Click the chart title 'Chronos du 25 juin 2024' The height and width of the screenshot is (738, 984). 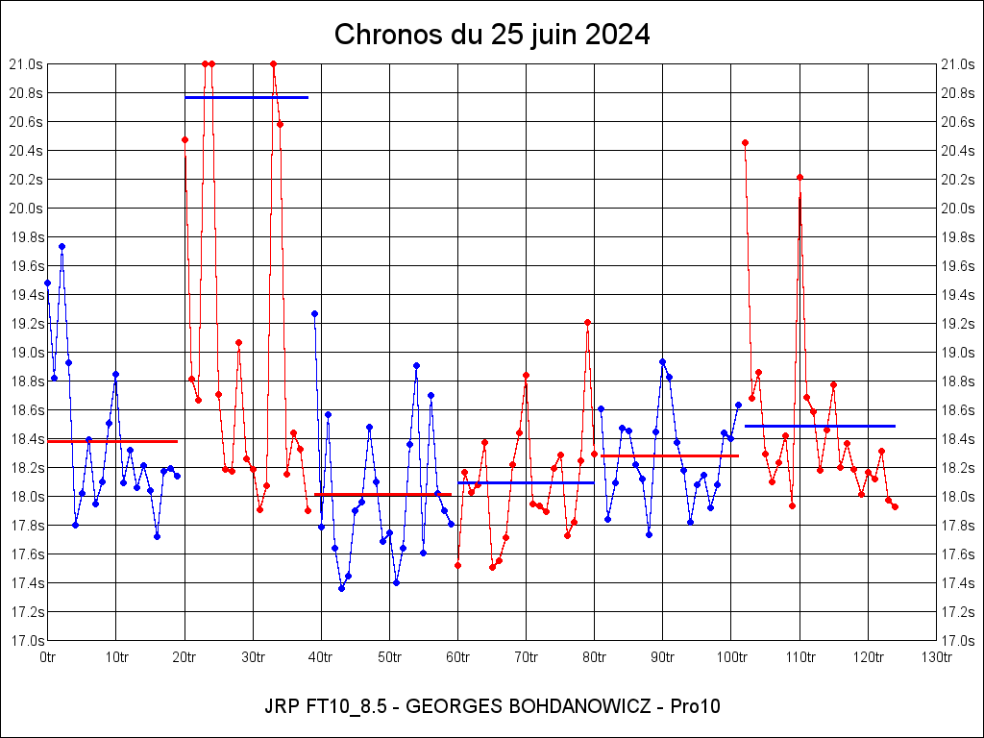coord(492,36)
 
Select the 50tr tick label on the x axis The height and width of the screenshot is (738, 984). coord(389,657)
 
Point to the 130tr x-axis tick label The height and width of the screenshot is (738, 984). coord(936,657)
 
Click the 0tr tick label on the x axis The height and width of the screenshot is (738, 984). coord(48,657)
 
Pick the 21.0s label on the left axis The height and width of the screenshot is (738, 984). coord(26,64)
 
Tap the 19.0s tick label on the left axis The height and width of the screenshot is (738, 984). coord(26,353)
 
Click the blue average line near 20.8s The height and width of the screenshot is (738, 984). coord(246,97)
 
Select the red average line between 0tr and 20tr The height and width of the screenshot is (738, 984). coord(112,441)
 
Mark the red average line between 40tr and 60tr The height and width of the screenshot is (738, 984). coord(382,494)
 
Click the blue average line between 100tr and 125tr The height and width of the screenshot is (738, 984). coord(820,426)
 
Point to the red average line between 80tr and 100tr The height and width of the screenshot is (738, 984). coord(670,455)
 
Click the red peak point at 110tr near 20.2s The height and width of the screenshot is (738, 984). coord(799,177)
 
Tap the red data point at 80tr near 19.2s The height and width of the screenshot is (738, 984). coord(587,323)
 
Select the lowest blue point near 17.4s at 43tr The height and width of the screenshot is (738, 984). coord(341,588)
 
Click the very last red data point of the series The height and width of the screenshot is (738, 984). coord(895,506)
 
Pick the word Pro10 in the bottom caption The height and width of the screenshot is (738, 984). coord(699,706)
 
